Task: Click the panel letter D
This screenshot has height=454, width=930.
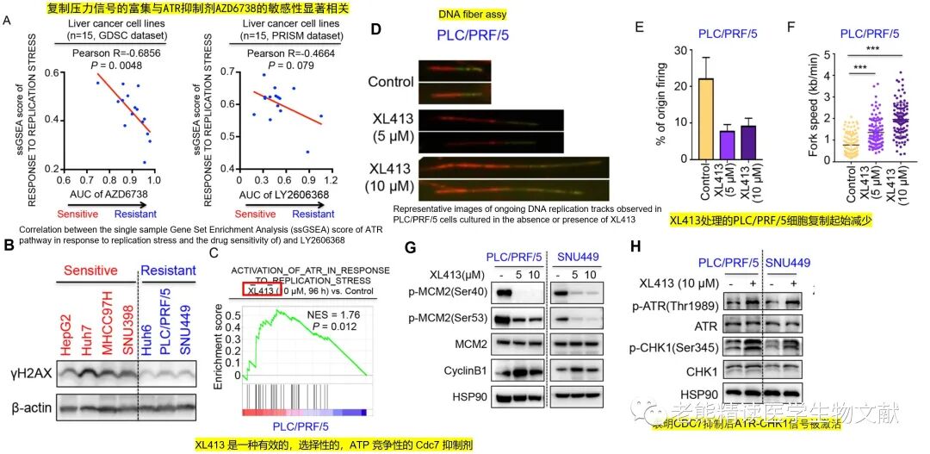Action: (375, 28)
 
